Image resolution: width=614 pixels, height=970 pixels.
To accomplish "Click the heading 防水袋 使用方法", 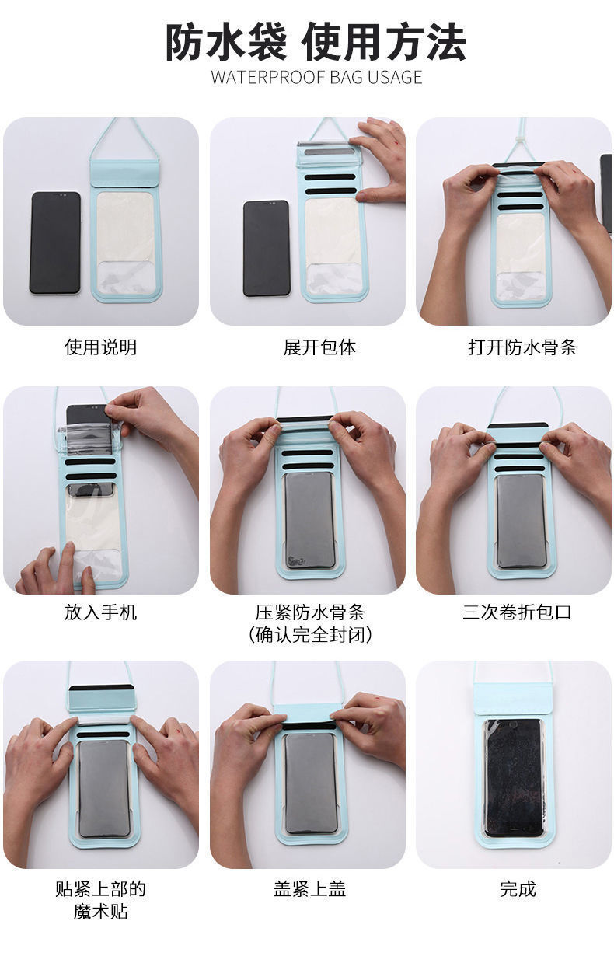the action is (316, 43).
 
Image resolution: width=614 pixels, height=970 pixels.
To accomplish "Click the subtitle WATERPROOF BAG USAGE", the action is (316, 78).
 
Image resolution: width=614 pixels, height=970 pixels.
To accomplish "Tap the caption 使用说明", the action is (100, 347).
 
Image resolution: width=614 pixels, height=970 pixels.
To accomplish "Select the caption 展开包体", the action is (319, 347).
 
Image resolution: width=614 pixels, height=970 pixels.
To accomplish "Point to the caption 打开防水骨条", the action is (522, 347).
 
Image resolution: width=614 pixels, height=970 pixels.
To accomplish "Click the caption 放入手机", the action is (100, 612).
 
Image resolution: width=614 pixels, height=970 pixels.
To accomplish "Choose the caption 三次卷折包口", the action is (517, 612).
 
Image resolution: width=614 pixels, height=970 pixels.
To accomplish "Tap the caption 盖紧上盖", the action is (309, 889).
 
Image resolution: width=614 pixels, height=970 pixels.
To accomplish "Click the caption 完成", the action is (518, 889).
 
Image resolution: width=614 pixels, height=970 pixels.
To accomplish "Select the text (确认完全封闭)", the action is (310, 635).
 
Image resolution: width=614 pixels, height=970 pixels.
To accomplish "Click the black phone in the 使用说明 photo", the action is (55, 243).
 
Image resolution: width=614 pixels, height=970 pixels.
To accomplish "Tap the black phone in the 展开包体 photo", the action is (267, 248).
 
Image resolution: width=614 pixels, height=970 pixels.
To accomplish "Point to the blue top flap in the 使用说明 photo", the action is (124, 173).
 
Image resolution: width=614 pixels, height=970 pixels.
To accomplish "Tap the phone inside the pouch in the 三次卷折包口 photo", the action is (521, 522).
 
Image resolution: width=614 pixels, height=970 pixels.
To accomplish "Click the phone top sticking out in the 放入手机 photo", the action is (87, 415).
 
